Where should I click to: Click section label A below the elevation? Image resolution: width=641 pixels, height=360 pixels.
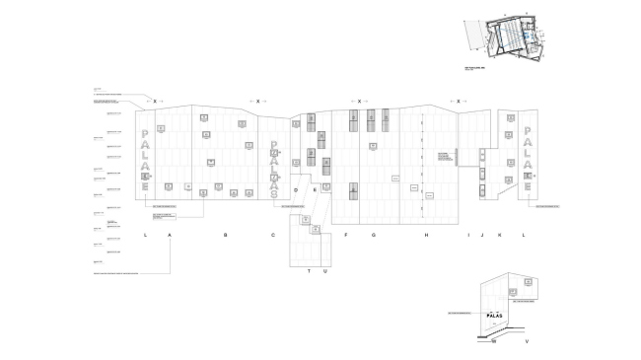point(171,236)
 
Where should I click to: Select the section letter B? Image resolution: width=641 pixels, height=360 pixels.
point(225,236)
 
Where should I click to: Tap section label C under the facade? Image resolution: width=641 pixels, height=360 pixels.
point(273,236)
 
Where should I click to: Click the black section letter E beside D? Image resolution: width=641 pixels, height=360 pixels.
point(314,188)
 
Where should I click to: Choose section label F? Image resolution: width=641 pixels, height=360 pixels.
point(346,236)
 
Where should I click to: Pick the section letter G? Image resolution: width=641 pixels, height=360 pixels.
point(373,236)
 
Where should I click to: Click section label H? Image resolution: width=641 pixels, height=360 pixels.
point(426,236)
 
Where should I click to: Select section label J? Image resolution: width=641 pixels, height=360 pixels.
point(483,236)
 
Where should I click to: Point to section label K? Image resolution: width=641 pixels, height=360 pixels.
point(500,236)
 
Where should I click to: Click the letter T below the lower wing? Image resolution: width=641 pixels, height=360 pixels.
point(308,270)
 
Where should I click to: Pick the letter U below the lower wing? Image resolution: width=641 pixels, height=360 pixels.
point(322,270)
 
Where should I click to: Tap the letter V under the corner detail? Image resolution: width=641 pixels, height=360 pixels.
point(528,341)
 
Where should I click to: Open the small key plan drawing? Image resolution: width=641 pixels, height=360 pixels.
point(504,38)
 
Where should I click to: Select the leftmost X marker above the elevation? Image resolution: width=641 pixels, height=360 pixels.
point(154,101)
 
